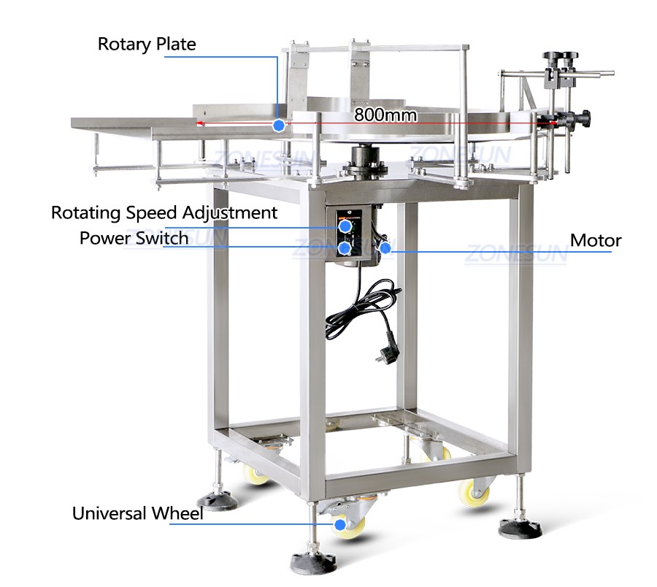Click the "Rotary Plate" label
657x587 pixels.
[x=147, y=44]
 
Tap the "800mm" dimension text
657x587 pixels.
[x=385, y=115]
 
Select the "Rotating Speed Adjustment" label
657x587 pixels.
[x=164, y=213]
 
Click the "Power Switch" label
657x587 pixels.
[x=134, y=238]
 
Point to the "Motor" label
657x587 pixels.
[x=596, y=240]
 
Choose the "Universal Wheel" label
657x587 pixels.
[x=137, y=513]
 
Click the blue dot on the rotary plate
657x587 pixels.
[x=279, y=125]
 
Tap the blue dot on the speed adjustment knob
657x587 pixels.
[x=345, y=226]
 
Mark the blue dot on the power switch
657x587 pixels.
[x=345, y=248]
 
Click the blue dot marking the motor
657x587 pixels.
[x=385, y=248]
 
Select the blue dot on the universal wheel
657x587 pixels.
[x=340, y=524]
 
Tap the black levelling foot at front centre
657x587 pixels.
[x=313, y=562]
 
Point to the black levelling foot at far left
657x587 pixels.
[x=217, y=500]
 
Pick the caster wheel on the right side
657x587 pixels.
[x=474, y=492]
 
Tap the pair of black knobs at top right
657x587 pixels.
[x=561, y=56]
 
